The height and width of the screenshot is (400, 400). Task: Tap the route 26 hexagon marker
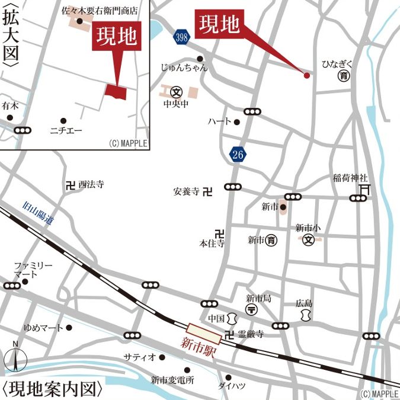tap(238, 155)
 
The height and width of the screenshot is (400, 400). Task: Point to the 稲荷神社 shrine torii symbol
tap(364, 189)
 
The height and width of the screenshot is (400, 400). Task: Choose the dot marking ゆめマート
tap(69, 327)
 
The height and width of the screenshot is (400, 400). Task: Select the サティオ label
tap(139, 357)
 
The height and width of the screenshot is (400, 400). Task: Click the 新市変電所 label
tap(172, 380)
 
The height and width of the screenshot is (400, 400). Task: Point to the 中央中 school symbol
tap(176, 92)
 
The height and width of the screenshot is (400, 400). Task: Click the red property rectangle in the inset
tap(116, 91)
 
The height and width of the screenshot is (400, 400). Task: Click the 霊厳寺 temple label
tap(251, 335)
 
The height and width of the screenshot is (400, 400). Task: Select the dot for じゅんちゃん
tap(200, 58)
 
